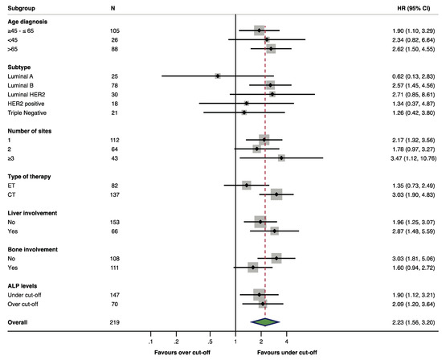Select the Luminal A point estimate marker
pos(218,76)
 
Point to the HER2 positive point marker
pos(247,104)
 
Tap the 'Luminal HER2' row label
pos(26,94)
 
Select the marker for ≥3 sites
pos(281,158)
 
